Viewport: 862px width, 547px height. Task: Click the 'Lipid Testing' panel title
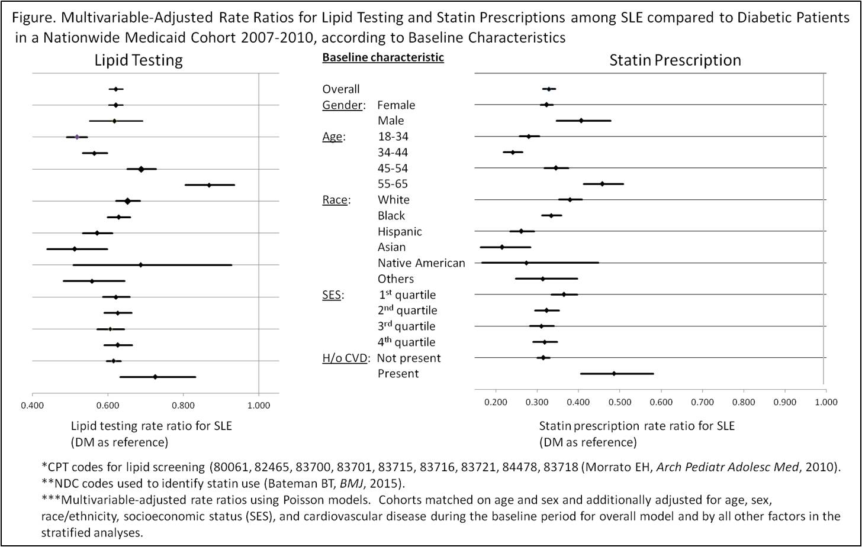pos(139,60)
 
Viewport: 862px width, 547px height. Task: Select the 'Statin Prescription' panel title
pos(675,60)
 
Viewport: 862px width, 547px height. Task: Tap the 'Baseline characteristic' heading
pos(382,57)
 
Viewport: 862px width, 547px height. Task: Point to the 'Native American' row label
pos(421,263)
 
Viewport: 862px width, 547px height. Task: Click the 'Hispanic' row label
pos(400,232)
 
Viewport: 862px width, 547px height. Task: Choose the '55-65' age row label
pos(393,184)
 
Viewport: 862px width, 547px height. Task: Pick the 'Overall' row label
pos(340,89)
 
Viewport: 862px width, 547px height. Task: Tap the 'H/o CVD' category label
pos(345,358)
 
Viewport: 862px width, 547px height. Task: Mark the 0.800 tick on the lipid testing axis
pos(183,406)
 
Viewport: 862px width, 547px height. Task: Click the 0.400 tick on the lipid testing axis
pos(32,406)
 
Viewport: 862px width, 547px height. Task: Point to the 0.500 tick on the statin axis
pos(620,403)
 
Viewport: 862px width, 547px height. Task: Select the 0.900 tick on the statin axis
pos(785,403)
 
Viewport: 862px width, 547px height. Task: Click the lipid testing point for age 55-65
pos(209,185)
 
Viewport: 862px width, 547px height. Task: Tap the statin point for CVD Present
pos(614,374)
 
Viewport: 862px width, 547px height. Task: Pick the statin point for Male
pos(581,121)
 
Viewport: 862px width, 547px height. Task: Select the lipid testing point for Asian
pos(75,249)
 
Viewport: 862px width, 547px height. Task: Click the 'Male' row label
pos(391,121)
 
